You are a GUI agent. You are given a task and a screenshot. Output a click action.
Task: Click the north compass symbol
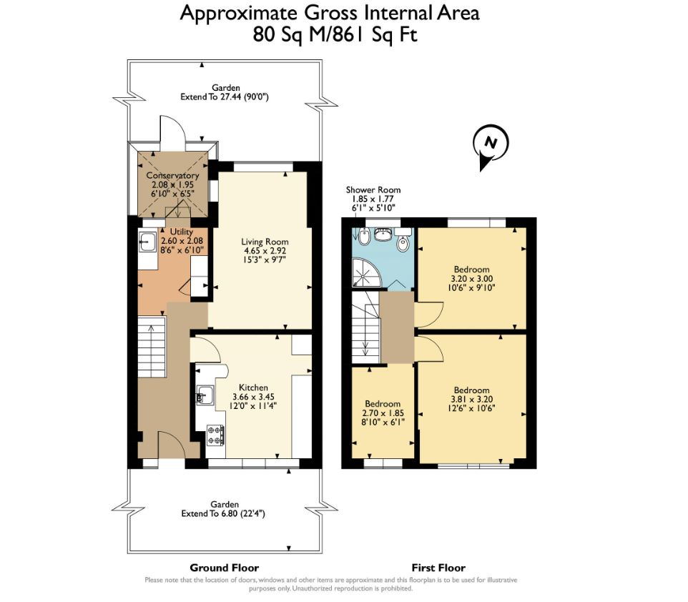tap(490, 145)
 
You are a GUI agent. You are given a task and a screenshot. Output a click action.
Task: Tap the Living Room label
tap(265, 242)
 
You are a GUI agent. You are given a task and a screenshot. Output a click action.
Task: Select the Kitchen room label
tap(253, 388)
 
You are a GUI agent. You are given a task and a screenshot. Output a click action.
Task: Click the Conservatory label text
tap(172, 175)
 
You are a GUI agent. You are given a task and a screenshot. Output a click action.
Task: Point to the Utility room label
tap(181, 231)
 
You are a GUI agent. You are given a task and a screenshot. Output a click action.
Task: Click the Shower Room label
tap(373, 189)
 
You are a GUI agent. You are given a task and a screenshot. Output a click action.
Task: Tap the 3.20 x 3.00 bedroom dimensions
tap(472, 279)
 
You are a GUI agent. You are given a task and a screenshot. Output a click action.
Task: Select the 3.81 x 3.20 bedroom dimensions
tap(472, 399)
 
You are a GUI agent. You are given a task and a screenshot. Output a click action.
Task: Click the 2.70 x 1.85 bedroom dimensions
tap(383, 413)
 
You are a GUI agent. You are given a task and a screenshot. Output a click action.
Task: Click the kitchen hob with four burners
tap(215, 435)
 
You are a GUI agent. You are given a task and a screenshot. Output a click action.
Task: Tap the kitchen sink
tap(205, 395)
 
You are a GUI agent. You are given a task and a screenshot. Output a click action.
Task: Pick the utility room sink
tap(147, 242)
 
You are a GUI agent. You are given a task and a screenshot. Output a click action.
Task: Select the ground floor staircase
tap(152, 347)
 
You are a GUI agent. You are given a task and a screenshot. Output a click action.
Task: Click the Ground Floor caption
tap(225, 568)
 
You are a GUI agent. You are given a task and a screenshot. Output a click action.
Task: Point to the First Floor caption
tap(438, 568)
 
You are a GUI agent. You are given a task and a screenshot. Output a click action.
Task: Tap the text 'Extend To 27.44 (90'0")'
tap(225, 97)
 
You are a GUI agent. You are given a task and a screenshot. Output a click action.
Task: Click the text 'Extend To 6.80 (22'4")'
tap(223, 513)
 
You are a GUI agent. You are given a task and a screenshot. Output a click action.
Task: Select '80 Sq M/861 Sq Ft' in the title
tap(335, 34)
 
